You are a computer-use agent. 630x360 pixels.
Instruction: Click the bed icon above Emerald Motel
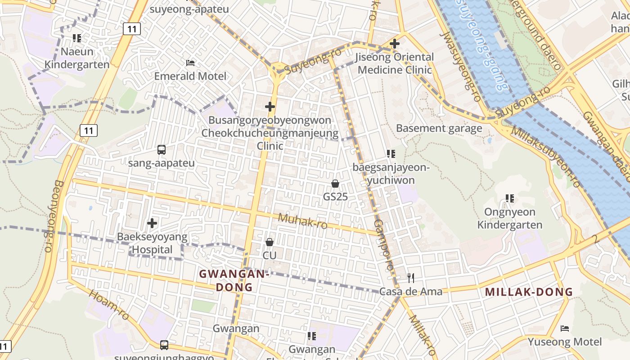[190, 63]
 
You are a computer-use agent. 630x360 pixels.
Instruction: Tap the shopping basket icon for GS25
[335, 184]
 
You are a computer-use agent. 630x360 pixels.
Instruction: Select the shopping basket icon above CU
[270, 242]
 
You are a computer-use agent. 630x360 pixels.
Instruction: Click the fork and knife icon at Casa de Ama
[410, 278]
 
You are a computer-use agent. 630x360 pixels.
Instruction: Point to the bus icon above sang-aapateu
[162, 149]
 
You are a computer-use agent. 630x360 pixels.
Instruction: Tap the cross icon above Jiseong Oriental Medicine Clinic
[395, 44]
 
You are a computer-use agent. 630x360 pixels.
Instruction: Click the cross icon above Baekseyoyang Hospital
[152, 223]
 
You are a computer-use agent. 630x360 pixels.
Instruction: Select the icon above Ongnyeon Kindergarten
[510, 198]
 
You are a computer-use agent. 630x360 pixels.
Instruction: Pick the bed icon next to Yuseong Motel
[565, 328]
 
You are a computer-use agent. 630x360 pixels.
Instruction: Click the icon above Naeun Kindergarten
[77, 38]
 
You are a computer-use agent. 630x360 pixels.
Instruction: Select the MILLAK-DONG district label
[529, 292]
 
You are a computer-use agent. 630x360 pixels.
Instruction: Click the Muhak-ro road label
[302, 221]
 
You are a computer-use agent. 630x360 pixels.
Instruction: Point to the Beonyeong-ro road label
[53, 216]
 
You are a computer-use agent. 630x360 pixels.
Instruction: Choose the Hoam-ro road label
[109, 305]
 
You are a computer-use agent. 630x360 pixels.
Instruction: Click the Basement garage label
[439, 128]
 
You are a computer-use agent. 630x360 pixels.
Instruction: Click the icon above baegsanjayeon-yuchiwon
[391, 154]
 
